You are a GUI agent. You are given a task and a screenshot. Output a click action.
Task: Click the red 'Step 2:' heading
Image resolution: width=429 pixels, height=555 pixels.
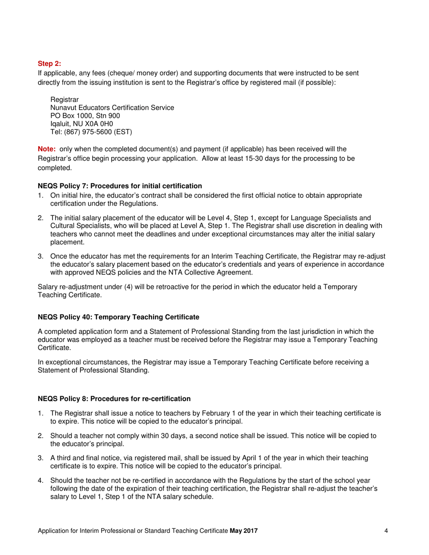coord(49,64)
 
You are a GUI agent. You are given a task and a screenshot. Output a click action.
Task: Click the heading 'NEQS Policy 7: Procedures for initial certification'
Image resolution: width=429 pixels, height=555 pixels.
coord(120,186)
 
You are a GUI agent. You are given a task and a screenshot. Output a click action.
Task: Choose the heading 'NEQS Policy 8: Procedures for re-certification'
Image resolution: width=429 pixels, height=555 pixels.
coord(114,398)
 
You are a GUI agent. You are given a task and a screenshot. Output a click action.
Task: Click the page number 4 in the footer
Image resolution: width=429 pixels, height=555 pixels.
coord(386,531)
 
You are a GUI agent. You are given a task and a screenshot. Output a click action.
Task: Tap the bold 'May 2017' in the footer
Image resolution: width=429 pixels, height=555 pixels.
coord(243,531)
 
